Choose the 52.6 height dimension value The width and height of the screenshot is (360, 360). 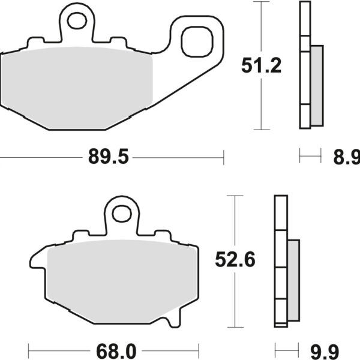235,260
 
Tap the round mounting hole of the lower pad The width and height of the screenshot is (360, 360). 122,213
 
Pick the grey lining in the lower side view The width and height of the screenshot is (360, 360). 293,279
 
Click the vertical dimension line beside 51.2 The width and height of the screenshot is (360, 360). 260,66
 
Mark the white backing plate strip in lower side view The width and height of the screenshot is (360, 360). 279,261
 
